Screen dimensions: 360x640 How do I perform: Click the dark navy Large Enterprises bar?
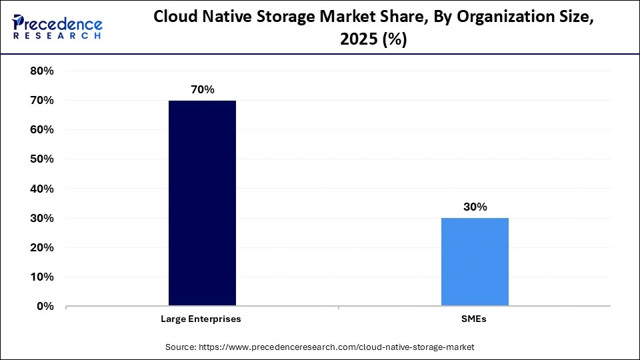[202, 203]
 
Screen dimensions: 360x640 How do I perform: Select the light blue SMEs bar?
[475, 262]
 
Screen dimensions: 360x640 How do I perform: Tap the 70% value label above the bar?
[202, 89]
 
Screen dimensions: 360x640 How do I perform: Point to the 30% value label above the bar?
[475, 207]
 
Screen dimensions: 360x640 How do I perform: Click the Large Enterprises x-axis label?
[201, 319]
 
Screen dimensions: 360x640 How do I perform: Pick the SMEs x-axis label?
[474, 319]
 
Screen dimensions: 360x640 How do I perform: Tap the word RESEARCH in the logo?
[57, 36]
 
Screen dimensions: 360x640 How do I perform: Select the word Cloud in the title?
[174, 17]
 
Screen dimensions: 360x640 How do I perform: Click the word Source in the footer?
[181, 347]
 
